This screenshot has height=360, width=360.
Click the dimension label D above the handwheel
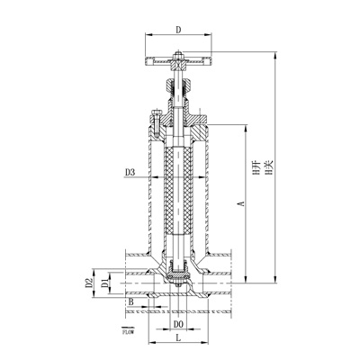(177, 30)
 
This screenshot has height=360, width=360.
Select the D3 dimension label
(130, 171)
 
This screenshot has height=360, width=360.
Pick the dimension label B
(130, 304)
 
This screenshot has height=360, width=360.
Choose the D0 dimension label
(178, 322)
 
